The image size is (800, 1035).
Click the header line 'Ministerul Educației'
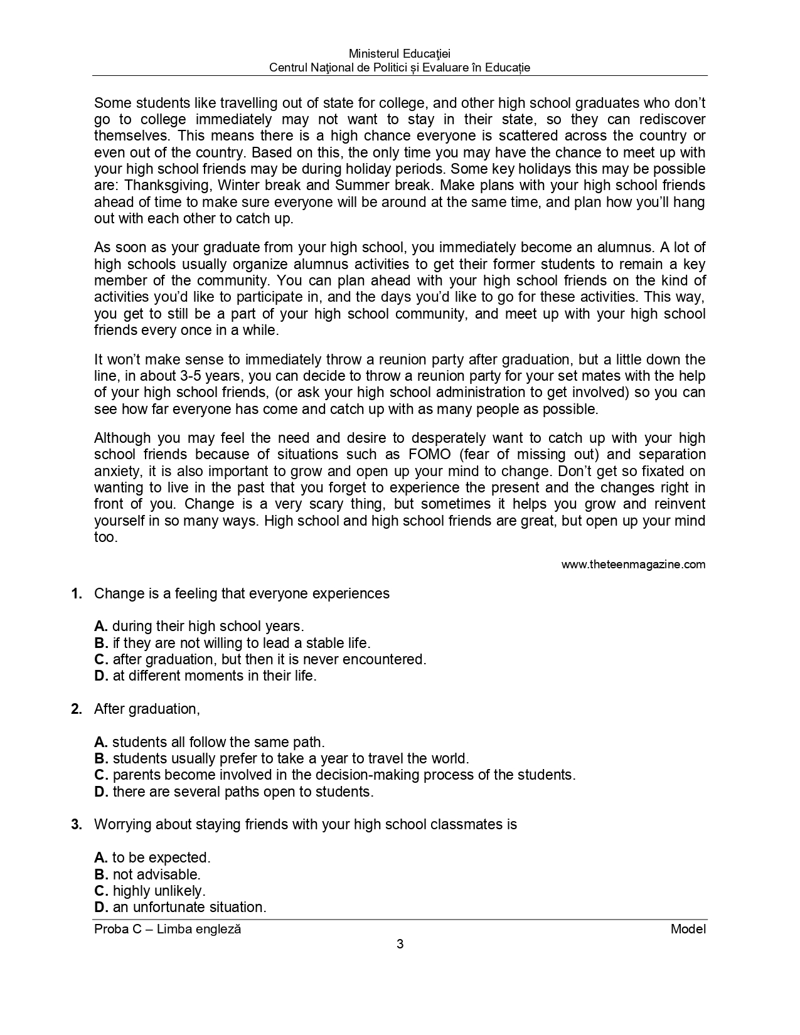coord(400,55)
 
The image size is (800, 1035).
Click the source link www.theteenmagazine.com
coord(633,565)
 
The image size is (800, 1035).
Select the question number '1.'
coord(77,594)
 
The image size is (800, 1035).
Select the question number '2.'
coord(77,709)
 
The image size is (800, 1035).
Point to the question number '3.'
coord(77,825)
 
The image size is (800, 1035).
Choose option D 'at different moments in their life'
coord(206,676)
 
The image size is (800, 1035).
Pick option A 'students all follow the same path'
coord(210,743)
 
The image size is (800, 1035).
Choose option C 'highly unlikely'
coord(150,891)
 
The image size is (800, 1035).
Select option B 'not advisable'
coord(147,874)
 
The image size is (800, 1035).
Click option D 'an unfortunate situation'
coord(181,908)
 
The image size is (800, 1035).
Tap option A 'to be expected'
coord(152,858)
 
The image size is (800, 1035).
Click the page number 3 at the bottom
coord(400,945)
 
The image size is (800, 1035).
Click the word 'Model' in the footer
coord(688,930)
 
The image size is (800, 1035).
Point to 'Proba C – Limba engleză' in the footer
coord(168,930)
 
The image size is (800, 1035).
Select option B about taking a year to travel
coord(282,759)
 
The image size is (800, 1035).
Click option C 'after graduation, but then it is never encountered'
coord(260,660)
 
